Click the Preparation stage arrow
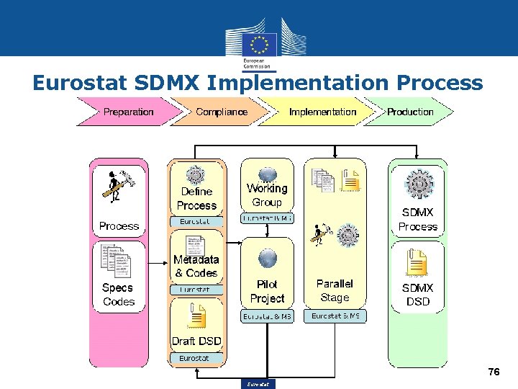(128, 112)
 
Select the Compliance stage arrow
(222, 112)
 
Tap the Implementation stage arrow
(322, 112)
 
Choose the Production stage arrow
(411, 112)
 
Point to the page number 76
(494, 372)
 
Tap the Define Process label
(196, 198)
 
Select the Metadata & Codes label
(196, 266)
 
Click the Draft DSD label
(196, 341)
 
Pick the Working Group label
(267, 195)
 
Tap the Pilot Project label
(267, 291)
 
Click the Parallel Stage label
(335, 290)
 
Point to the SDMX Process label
(418, 219)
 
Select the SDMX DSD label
(418, 294)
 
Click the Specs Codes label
(119, 294)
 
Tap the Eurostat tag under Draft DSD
(194, 358)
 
